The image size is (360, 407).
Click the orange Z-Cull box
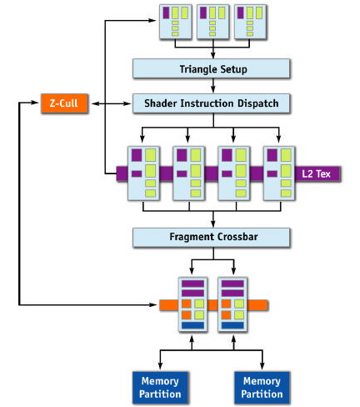[x=64, y=103]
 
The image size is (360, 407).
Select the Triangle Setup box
[x=211, y=68]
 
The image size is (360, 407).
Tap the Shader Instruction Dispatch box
[x=211, y=103]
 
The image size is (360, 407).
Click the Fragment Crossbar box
[x=211, y=237]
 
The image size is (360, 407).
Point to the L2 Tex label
[x=316, y=174]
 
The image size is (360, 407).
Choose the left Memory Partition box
[x=160, y=387]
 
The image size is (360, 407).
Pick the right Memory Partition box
[x=262, y=387]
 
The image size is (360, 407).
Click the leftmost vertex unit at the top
[x=176, y=22]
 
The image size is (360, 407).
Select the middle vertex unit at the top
[x=213, y=22]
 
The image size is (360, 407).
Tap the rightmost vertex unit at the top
[x=250, y=22]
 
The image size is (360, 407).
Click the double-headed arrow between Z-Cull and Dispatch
[x=111, y=103]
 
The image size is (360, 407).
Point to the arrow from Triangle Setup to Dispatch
[x=213, y=85]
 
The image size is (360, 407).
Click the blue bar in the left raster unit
[x=192, y=325]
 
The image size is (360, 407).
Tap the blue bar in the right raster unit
[x=232, y=325]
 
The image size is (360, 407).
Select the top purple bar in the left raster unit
[x=192, y=284]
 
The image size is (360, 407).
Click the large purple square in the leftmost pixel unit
[x=137, y=155]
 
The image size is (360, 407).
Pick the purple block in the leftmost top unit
[x=166, y=13]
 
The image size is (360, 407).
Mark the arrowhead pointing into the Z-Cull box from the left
[x=35, y=103]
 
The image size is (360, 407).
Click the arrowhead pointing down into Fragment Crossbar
[x=213, y=224]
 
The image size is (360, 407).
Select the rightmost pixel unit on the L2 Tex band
[x=279, y=173]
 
